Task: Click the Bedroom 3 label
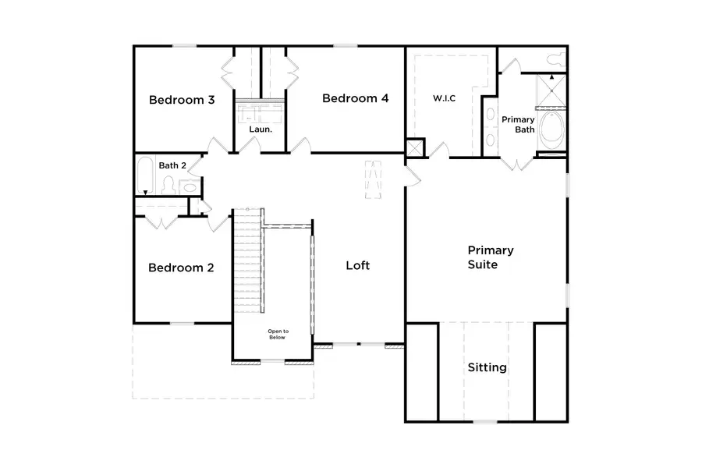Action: (182, 100)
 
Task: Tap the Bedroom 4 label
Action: (355, 98)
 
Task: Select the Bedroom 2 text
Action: (181, 268)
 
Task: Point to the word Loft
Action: (357, 265)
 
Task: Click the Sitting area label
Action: (487, 367)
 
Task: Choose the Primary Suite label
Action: (490, 257)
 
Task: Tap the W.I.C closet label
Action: (444, 98)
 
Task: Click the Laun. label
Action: (261, 129)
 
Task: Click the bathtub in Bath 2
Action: (145, 176)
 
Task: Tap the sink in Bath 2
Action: (189, 186)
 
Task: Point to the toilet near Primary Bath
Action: (555, 59)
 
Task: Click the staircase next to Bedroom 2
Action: (248, 261)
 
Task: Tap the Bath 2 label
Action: (172, 165)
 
